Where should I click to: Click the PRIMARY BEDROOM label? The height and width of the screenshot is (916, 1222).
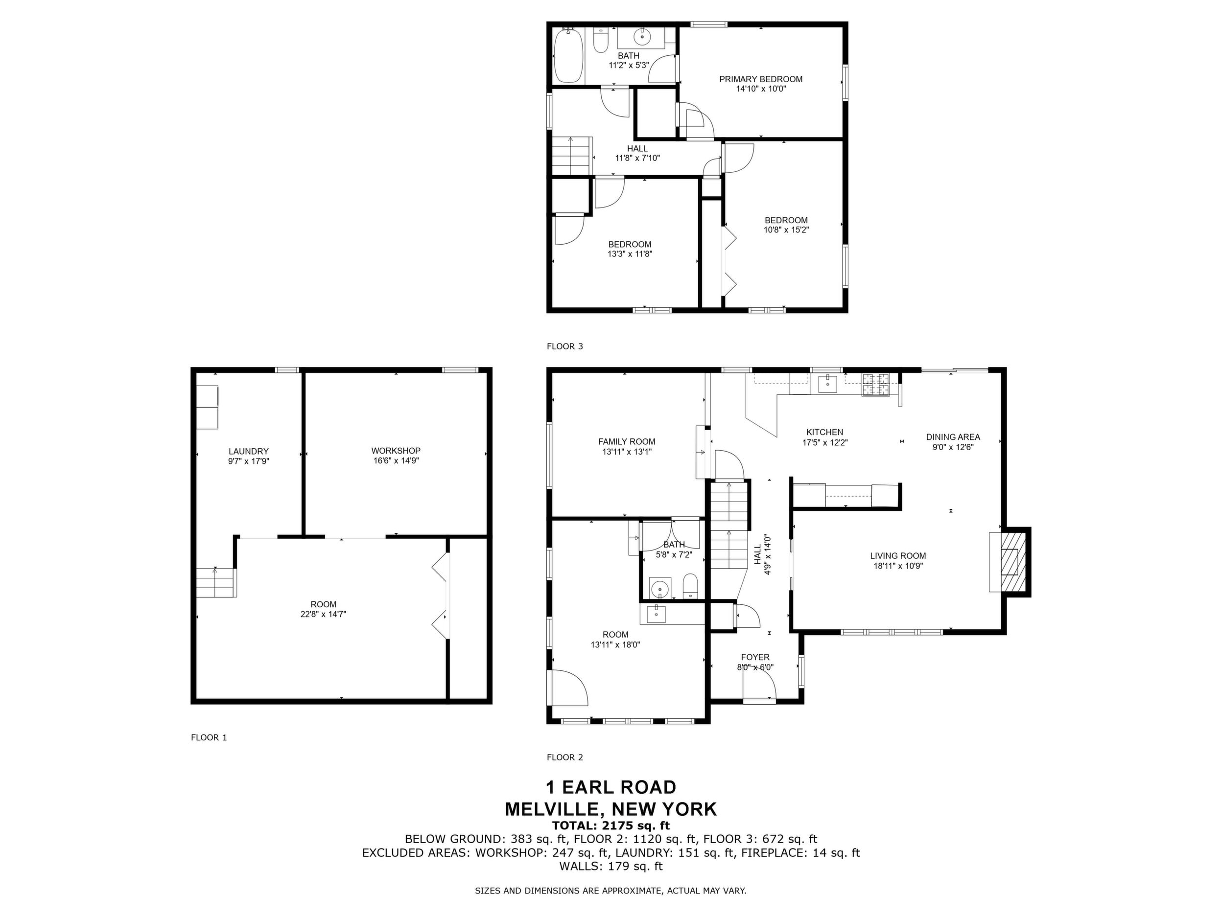(761, 79)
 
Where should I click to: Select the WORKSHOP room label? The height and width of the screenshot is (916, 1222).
(396, 451)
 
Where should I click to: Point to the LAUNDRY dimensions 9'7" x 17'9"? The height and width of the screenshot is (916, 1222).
(249, 460)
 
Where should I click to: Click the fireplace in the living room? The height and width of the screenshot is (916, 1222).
(1009, 562)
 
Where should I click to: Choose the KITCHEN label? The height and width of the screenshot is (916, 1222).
(825, 433)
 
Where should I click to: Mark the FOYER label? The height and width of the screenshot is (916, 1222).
(755, 657)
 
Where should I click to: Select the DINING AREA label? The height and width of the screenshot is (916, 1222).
(953, 437)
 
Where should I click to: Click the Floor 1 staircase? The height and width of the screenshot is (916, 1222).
(216, 581)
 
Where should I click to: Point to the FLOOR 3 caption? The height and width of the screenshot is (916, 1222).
(564, 346)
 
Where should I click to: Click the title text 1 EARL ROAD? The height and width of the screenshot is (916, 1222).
(611, 786)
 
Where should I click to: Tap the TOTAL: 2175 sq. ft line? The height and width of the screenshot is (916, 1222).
(611, 825)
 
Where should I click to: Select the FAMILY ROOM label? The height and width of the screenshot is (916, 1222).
(627, 441)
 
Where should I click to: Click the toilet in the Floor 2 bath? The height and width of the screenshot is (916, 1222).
(690, 586)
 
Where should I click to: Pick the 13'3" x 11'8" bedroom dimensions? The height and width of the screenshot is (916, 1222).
(630, 254)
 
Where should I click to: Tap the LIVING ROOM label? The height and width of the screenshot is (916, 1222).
(898, 555)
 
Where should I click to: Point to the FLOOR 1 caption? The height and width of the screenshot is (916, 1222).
(209, 737)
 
